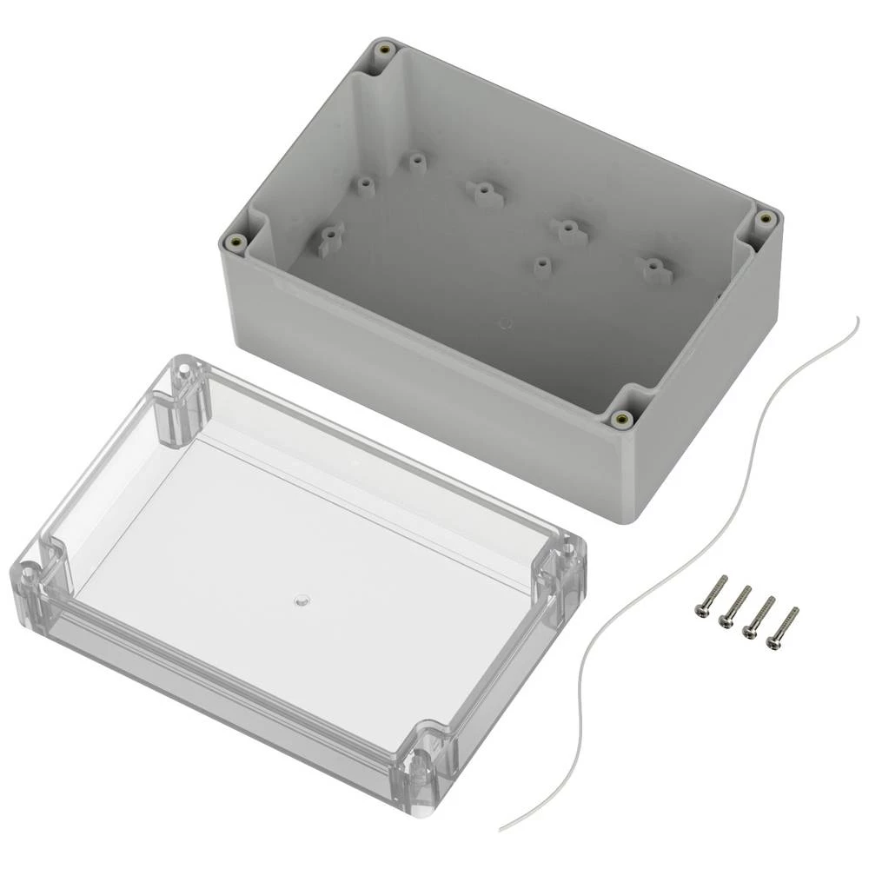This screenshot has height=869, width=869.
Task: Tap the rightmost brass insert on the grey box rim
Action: (x=764, y=218)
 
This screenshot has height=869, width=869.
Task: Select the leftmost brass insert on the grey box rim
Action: (x=232, y=243)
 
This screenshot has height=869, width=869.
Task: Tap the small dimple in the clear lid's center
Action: (x=301, y=600)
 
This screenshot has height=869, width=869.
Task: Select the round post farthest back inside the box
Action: (x=418, y=162)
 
